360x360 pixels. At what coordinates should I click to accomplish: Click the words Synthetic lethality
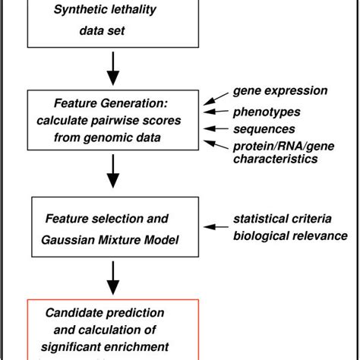coord(112,10)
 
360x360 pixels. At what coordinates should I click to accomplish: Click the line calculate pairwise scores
coord(112,122)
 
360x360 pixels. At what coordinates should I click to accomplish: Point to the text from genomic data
coord(112,138)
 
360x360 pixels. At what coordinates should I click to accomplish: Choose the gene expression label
coord(281,91)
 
